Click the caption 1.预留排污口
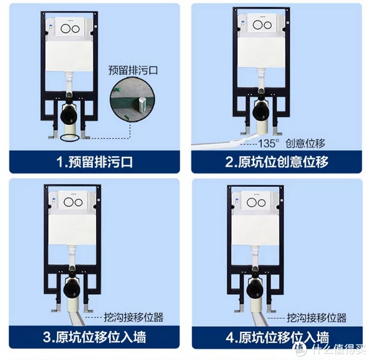pos(95,162)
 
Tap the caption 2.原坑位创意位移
pos(277,162)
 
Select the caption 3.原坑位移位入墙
pos(95,337)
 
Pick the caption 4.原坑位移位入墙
pos(277,337)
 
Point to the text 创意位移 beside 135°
pos(305,143)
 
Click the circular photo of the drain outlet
pos(132,100)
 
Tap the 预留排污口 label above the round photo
pos(133,70)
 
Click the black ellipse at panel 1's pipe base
pos(69,138)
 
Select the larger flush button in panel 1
pos(65,28)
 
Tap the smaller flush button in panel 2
pos(268,25)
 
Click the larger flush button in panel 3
pos(68,202)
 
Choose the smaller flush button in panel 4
pos(261,203)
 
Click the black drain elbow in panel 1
pos(69,113)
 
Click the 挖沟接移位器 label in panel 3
pos(133,318)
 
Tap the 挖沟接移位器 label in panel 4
pos(317,318)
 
